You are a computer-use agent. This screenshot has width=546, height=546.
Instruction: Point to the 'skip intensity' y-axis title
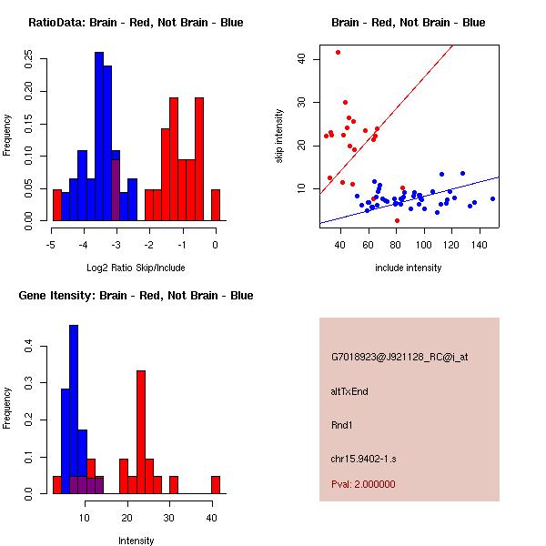pos(279,136)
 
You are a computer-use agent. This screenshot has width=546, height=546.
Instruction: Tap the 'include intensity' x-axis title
pos(409,268)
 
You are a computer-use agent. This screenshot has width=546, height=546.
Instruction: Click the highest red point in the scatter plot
pos(338,52)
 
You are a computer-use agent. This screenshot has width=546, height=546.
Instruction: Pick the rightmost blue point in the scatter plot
pos(492,198)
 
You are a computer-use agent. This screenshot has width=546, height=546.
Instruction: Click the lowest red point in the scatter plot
pos(397,220)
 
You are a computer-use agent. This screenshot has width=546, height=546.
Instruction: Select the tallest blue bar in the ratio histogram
pos(98,136)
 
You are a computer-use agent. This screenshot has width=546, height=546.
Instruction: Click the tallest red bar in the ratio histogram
pos(173,159)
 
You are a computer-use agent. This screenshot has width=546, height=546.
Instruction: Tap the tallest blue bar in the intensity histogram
pos(74,409)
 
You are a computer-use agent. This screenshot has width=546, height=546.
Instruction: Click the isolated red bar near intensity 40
pos(216,484)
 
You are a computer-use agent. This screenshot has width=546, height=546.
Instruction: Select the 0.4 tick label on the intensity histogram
pos(28,347)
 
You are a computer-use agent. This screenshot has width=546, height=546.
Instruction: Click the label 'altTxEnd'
pos(349,391)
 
